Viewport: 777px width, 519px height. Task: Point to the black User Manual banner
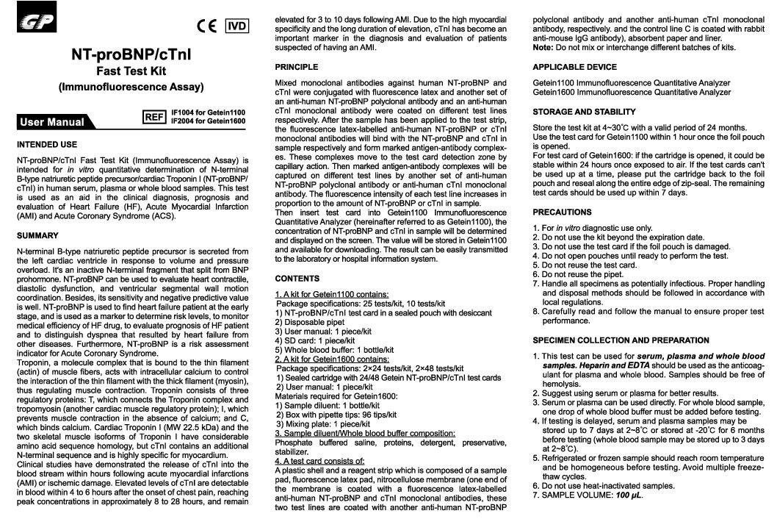(52, 122)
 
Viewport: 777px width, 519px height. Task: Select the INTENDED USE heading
(48, 143)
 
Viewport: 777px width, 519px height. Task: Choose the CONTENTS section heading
(297, 279)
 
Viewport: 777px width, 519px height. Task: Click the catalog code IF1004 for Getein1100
(207, 112)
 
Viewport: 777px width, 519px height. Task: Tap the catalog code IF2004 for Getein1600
(207, 120)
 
